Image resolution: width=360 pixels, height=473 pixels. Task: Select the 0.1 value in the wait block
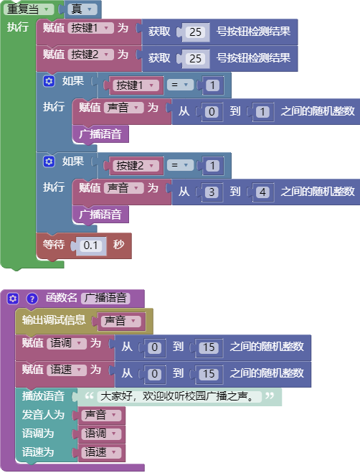tap(91, 245)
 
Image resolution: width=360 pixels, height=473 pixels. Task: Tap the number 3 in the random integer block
tap(212, 192)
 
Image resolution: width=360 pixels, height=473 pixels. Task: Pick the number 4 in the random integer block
tap(262, 192)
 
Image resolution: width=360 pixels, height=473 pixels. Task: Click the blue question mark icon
tap(32, 299)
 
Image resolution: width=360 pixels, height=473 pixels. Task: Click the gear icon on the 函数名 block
tap(13, 299)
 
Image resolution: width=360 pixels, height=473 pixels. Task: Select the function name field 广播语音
tap(105, 298)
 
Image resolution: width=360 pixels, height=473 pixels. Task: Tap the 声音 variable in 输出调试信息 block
tap(120, 321)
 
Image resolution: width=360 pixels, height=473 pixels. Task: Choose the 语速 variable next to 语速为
tap(100, 452)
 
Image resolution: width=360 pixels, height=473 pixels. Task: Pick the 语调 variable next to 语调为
tap(100, 434)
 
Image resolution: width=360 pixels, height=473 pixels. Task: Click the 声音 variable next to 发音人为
tap(100, 415)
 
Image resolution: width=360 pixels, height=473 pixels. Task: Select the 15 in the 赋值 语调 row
tap(209, 347)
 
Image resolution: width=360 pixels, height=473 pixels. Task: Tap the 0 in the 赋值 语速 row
tap(154, 374)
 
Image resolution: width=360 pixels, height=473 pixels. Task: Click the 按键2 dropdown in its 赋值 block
tap(90, 55)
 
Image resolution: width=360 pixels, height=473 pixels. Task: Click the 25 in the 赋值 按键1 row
tap(195, 32)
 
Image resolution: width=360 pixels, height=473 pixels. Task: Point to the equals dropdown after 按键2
tap(180, 165)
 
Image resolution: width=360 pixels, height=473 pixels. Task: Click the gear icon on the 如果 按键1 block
tap(49, 81)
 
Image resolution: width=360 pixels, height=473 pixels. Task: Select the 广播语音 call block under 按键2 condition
tap(100, 215)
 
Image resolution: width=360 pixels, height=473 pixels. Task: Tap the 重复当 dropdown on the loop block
tap(29, 9)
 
